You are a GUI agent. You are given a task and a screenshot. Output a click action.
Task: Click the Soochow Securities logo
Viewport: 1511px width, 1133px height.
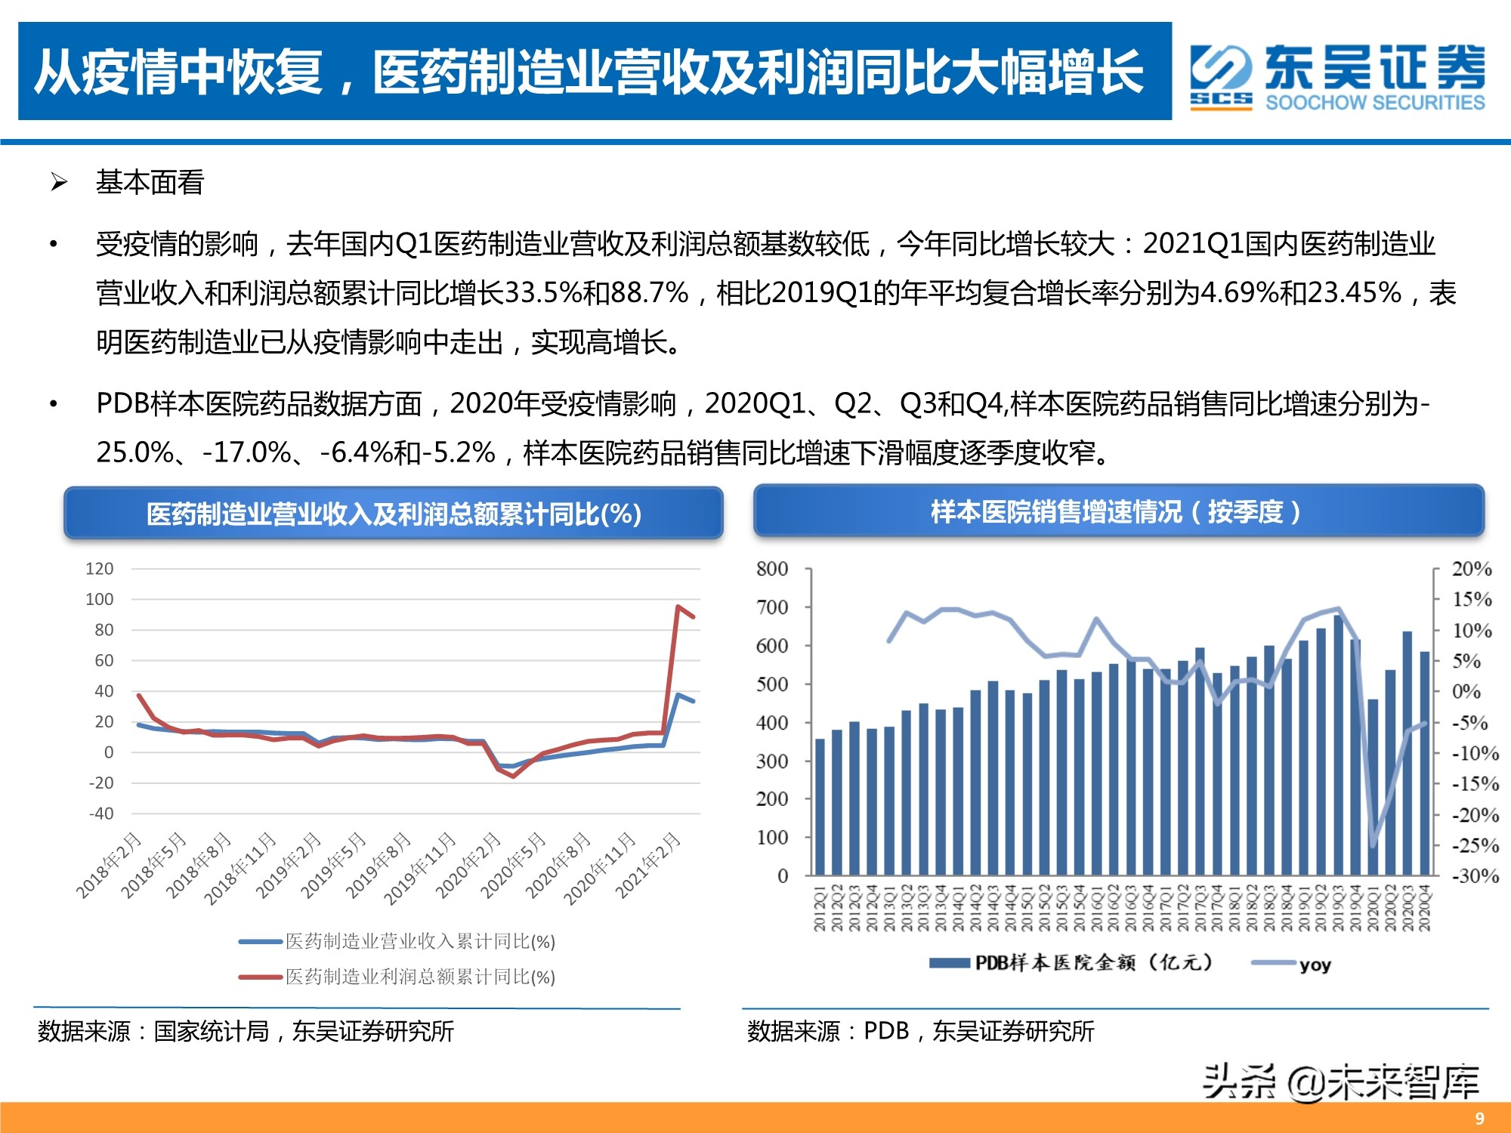tap(1337, 78)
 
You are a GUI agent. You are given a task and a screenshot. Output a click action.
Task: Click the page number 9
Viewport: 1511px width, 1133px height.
tap(1479, 1119)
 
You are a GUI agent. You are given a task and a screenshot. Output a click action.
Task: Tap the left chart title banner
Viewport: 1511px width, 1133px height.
tap(394, 514)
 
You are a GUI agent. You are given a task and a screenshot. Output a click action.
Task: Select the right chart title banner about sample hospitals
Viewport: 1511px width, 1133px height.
tap(1118, 512)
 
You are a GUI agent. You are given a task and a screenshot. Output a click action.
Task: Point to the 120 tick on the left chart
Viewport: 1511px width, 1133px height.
tap(99, 569)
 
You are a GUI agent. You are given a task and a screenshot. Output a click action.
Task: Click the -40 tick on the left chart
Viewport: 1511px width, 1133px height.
tap(101, 813)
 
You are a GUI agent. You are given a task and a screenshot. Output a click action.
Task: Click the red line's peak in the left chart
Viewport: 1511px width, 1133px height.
tap(678, 607)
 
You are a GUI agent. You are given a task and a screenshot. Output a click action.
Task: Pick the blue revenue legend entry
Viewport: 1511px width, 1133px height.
tap(397, 941)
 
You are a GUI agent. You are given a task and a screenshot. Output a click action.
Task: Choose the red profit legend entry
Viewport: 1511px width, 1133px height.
tap(397, 977)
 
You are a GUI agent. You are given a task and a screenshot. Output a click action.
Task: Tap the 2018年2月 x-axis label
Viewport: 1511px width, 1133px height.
tap(110, 865)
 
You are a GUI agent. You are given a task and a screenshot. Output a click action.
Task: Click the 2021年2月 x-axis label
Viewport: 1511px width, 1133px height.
tap(649, 865)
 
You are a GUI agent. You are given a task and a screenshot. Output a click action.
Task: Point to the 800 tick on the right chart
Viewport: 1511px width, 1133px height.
tap(772, 569)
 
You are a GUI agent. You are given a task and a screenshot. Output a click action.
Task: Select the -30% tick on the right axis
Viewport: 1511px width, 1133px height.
tap(1475, 876)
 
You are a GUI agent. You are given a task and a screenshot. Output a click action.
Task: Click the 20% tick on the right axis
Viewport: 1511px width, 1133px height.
tap(1472, 569)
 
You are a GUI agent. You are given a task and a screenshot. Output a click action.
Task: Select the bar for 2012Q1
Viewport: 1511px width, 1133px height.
tap(820, 807)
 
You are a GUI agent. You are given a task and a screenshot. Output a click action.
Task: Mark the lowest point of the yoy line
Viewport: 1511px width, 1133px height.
tap(1373, 845)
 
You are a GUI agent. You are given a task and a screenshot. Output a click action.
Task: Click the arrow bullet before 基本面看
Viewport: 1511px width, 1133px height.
tap(59, 182)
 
